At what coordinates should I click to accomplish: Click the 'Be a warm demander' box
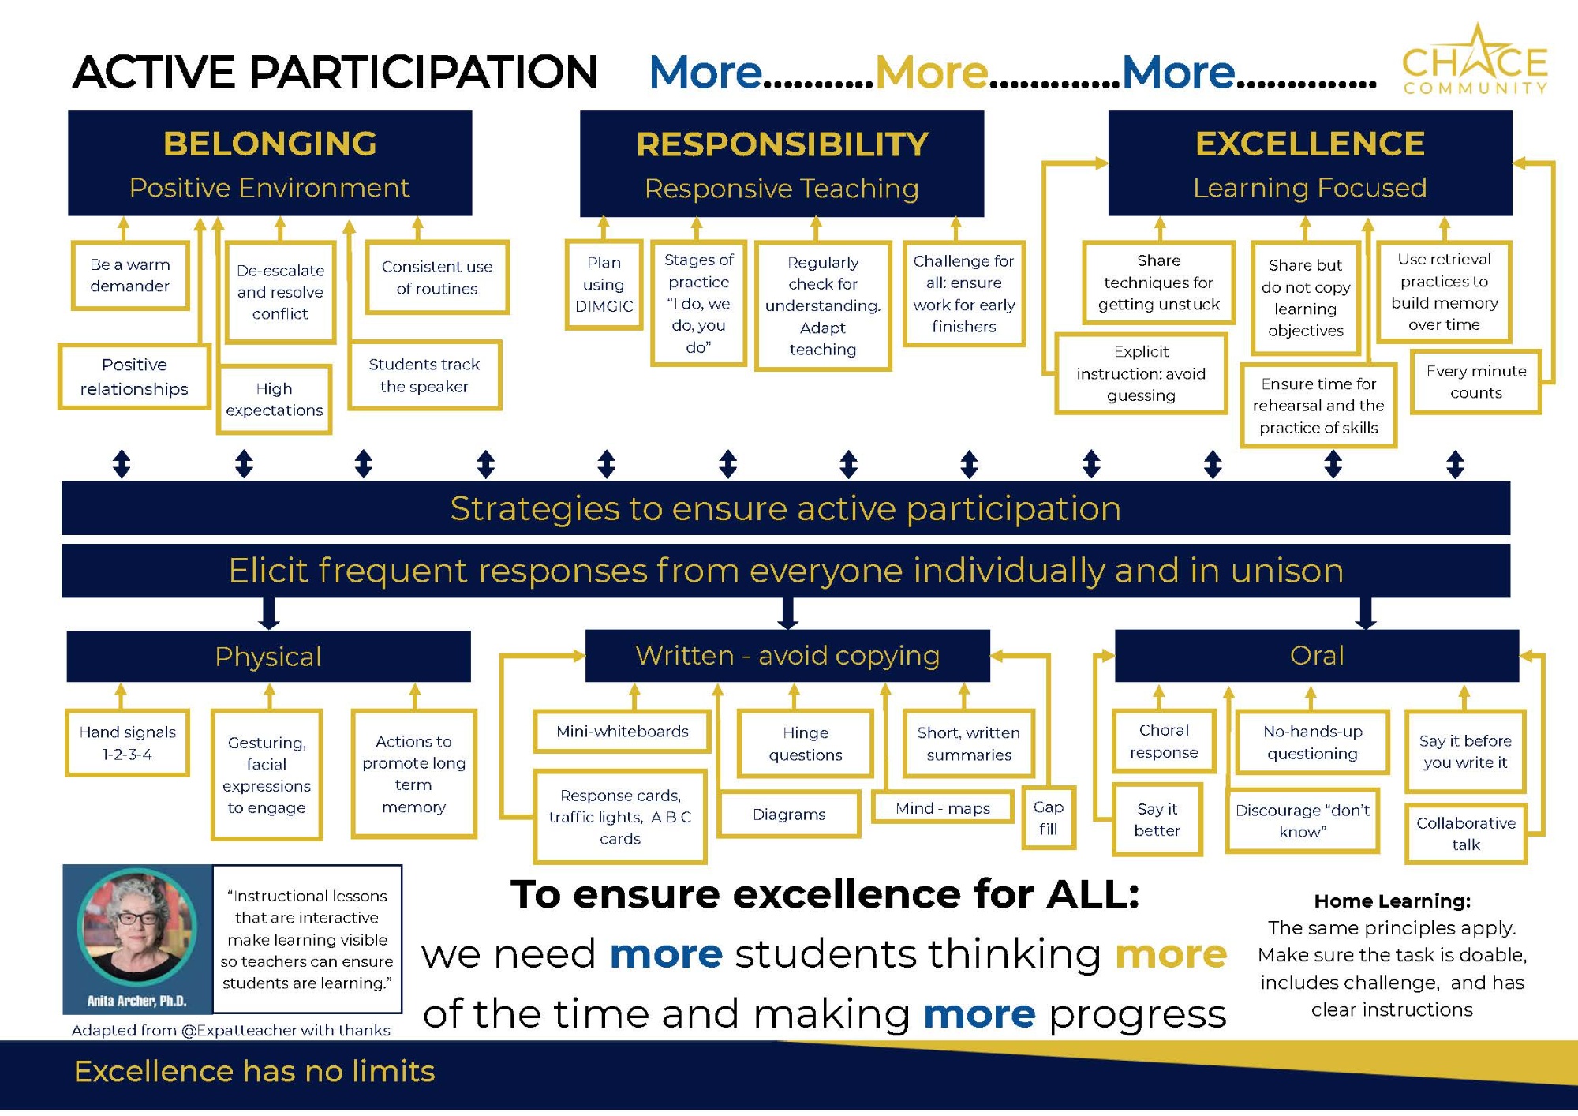[x=130, y=275]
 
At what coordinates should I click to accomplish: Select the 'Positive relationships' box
[x=134, y=376]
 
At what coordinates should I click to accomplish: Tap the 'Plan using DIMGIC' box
[x=604, y=284]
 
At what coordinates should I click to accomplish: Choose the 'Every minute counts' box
[x=1476, y=382]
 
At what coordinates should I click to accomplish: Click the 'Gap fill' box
[x=1049, y=818]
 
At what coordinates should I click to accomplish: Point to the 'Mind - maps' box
[x=943, y=808]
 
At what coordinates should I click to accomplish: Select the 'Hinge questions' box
[x=806, y=743]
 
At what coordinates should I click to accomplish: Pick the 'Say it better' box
[x=1157, y=819]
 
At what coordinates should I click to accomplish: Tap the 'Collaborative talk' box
[x=1466, y=833]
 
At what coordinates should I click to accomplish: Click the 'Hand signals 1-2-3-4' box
[x=128, y=743]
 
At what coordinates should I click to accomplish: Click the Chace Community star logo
[x=1475, y=60]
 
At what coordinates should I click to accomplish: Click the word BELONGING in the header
[x=270, y=144]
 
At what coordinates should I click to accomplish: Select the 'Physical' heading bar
[x=268, y=656]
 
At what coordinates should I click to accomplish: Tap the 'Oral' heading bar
[x=1316, y=655]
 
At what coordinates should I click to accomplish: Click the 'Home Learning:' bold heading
[x=1393, y=901]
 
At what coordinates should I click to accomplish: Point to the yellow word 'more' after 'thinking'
[x=1171, y=954]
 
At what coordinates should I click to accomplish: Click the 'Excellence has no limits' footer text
[x=254, y=1071]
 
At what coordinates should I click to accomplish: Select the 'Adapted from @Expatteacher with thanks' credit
[x=230, y=1030]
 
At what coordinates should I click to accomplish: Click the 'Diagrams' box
[x=789, y=815]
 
